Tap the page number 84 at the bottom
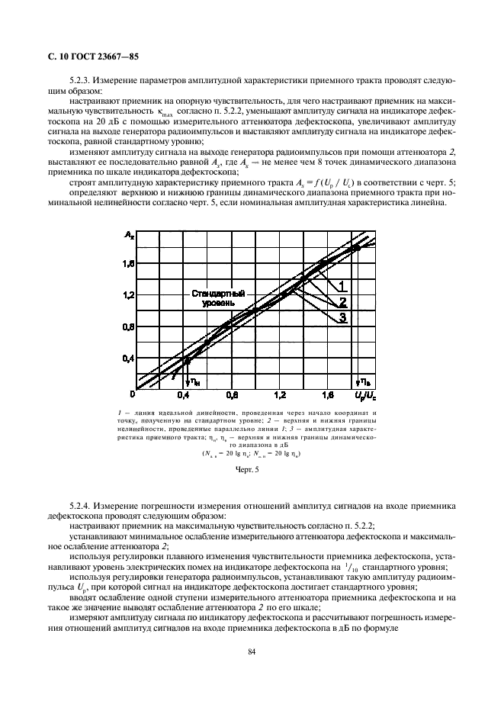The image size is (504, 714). pos(251,650)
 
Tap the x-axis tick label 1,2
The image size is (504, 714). pos(281,396)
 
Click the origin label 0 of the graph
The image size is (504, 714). pos(133,395)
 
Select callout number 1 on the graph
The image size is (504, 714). pos(342,286)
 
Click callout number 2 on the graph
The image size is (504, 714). pos(342,302)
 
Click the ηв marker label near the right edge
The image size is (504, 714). pos(365,380)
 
